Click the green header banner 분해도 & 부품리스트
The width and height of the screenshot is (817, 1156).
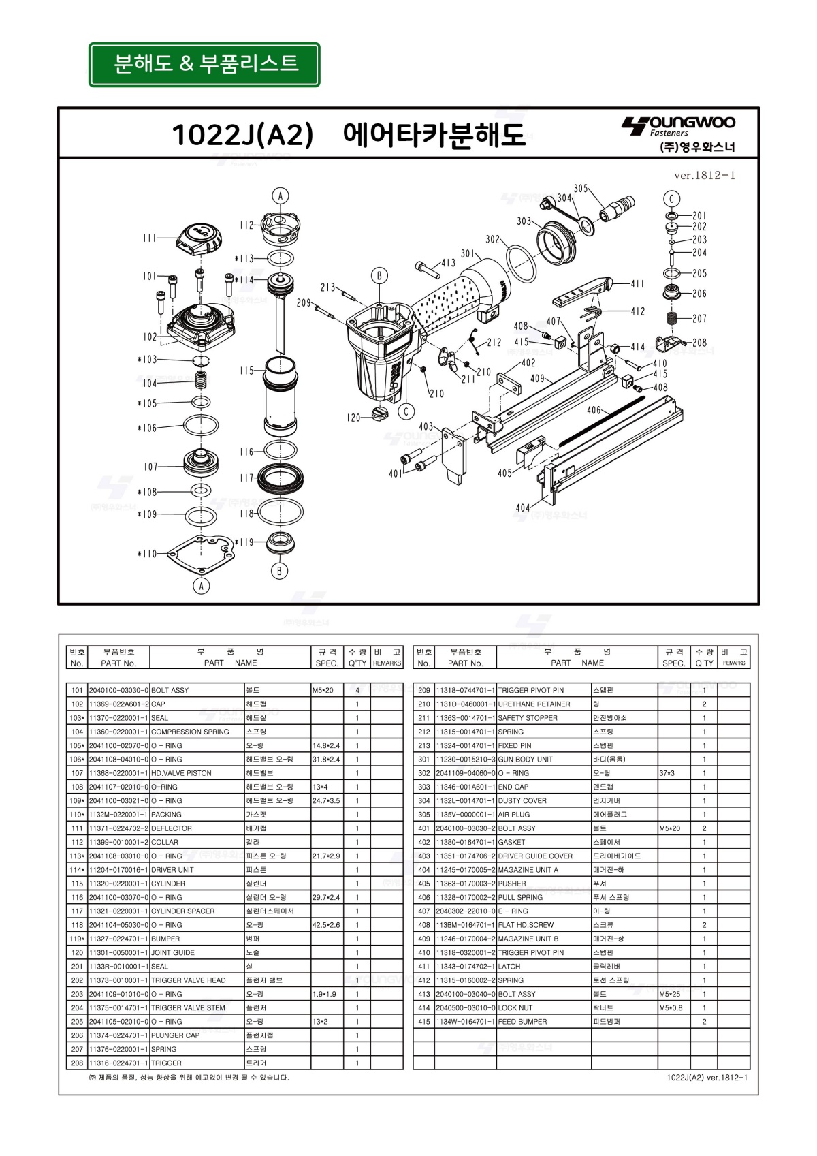point(204,65)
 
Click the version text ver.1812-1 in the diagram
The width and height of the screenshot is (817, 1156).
point(704,176)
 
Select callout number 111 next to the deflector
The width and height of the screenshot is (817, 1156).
point(150,238)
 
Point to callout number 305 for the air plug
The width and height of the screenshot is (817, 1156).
point(580,189)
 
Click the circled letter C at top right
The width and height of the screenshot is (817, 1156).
point(671,199)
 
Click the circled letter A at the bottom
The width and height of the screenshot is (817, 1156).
point(201,586)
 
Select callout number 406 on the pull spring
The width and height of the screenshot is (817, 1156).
point(594,410)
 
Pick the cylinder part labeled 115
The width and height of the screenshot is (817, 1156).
point(280,399)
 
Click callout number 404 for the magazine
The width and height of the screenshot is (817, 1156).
point(522,507)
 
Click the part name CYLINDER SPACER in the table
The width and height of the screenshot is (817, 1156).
point(182,911)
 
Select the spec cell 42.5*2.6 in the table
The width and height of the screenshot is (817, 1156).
point(326,925)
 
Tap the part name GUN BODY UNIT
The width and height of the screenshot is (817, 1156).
point(525,760)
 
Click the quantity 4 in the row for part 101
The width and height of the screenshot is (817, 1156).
point(357,691)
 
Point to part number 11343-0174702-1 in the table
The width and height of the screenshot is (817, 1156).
point(466,967)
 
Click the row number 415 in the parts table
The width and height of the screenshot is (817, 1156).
point(423,1022)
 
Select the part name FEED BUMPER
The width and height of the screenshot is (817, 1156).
point(522,1022)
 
